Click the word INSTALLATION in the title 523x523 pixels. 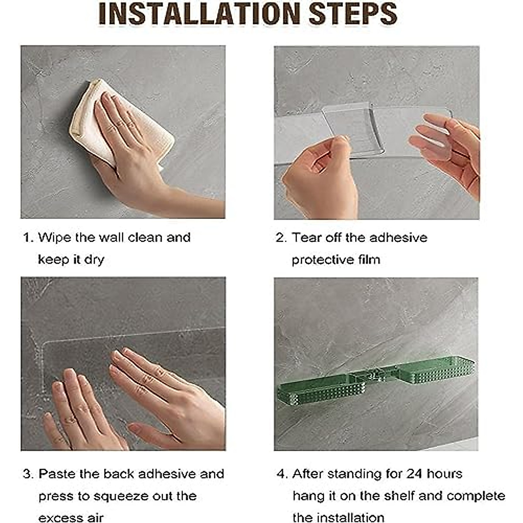click(x=199, y=14)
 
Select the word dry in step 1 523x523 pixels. click(x=94, y=260)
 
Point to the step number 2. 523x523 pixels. click(x=281, y=238)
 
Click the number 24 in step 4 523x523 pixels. click(x=414, y=474)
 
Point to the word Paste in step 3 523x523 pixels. click(x=57, y=474)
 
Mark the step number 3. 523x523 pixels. click(x=28, y=474)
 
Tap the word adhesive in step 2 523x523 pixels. click(x=398, y=238)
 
